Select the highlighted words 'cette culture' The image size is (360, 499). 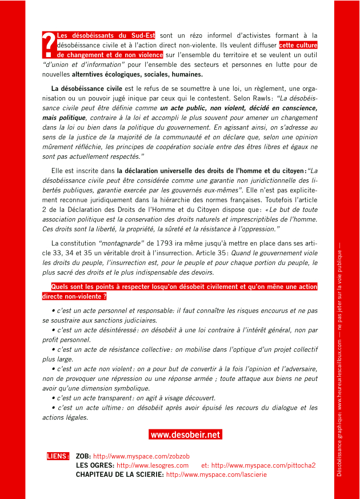[x=298, y=45]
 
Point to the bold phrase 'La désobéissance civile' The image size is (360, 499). [x=87, y=88]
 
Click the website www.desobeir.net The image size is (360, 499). [x=185, y=435]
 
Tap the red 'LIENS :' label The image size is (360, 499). [x=58, y=457]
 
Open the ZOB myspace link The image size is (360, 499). [x=141, y=457]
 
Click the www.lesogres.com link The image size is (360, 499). [x=153, y=465]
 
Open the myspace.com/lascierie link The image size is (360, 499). [x=216, y=474]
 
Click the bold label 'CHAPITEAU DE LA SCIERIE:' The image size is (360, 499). [x=120, y=474]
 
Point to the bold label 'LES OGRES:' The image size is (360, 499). [x=95, y=465]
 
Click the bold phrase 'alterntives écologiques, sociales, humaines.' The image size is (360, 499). [x=137, y=74]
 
